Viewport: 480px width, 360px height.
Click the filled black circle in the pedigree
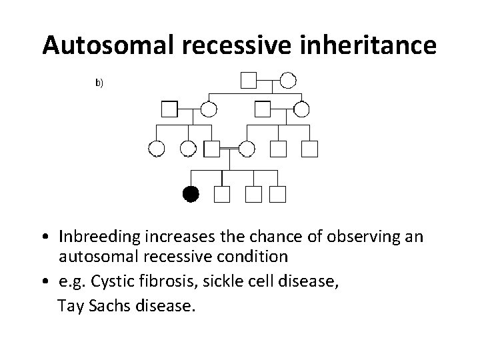(191, 193)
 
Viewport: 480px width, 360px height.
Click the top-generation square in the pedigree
(249, 81)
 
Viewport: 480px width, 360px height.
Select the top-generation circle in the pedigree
(287, 81)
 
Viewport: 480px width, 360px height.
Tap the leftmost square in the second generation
(170, 109)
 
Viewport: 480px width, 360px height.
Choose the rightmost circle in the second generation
(301, 109)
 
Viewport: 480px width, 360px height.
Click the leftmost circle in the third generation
(157, 149)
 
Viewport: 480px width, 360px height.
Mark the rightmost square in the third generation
(309, 149)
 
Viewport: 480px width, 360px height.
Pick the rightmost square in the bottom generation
(277, 193)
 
